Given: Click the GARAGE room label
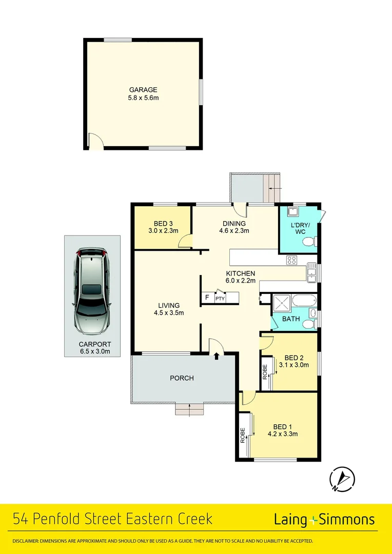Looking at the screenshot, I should tap(143, 90).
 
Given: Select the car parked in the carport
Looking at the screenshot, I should tap(92, 291).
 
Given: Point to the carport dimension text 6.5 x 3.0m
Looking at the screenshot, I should tap(94, 352).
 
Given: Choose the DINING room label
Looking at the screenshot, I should tap(234, 223).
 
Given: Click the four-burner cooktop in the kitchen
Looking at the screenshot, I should tap(291, 260).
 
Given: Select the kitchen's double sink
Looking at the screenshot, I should tap(312, 272).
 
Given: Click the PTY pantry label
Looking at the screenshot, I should tap(220, 299).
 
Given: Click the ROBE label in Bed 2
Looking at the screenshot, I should tap(265, 371).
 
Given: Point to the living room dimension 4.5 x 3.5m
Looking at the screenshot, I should tap(169, 312).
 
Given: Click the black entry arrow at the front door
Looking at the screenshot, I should tap(217, 355).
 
